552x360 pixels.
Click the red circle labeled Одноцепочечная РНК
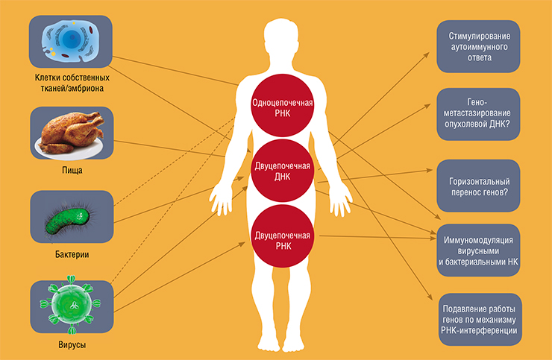coord(282,106)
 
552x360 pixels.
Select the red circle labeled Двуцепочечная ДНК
coord(282,171)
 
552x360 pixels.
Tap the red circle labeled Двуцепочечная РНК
coord(282,236)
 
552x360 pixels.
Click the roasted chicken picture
coord(72,133)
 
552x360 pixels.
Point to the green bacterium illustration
coord(68,221)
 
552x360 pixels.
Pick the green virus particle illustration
coord(71,304)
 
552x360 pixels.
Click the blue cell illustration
coord(71,40)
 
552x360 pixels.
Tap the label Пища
coord(72,171)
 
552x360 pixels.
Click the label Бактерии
coord(72,254)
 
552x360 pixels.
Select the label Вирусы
coord(72,344)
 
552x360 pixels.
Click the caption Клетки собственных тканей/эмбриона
coord(72,83)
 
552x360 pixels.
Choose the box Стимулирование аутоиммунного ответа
coord(478,46)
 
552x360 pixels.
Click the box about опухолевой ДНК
coord(478,114)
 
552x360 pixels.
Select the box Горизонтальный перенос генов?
coord(478,186)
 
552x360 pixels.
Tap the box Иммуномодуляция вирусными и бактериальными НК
coord(478,250)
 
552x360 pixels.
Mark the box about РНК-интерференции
coord(480,320)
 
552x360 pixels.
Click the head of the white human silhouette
coord(281,34)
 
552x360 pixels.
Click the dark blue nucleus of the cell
coord(72,37)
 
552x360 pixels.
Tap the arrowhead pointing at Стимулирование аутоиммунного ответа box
coord(427,55)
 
